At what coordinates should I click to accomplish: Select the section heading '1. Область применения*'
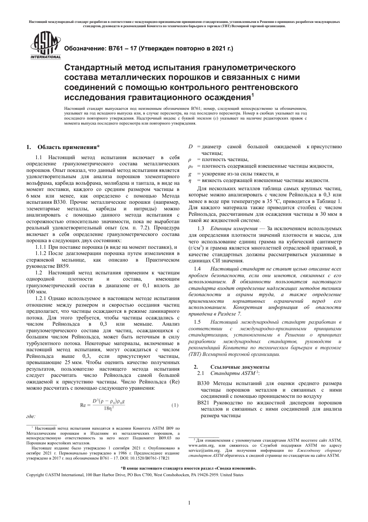[63, 147]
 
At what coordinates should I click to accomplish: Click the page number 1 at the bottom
[189, 503]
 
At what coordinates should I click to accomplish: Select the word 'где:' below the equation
[31, 416]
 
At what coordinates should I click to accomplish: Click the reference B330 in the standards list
[203, 383]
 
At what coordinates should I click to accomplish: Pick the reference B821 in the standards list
[203, 403]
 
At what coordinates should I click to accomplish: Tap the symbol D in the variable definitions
[190, 147]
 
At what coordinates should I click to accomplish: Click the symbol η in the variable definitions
[190, 180]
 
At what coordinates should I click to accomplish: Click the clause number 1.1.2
[41, 253]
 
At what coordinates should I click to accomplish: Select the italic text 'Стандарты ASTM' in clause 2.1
[232, 373]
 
